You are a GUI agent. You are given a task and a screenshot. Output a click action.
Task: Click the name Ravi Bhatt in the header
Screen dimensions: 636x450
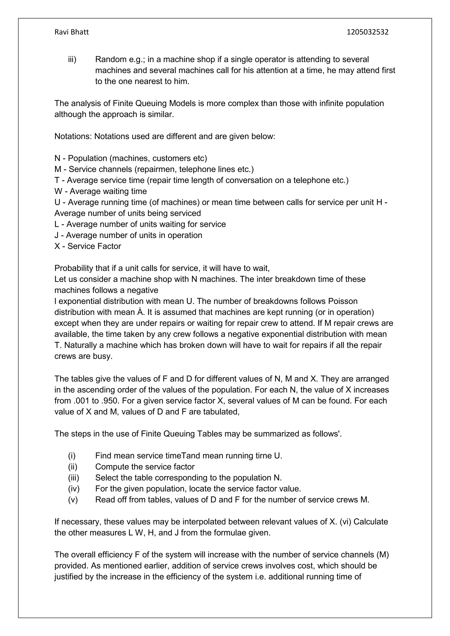tap(71, 32)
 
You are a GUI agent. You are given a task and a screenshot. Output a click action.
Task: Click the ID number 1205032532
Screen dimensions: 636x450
tap(367, 32)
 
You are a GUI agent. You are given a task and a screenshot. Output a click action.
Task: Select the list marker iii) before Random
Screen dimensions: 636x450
tap(72, 59)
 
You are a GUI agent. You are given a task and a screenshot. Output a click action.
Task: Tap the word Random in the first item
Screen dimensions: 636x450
tap(110, 59)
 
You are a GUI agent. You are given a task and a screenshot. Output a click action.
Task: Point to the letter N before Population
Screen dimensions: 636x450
tap(57, 158)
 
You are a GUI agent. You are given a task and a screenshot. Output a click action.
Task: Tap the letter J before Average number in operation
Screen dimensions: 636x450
tap(56, 235)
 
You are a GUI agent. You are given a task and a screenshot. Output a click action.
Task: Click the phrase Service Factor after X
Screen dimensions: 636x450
tap(94, 246)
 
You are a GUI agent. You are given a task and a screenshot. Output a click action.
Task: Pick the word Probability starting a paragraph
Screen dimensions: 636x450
tap(73, 268)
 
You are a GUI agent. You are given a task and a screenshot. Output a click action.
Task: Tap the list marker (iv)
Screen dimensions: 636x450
tap(74, 489)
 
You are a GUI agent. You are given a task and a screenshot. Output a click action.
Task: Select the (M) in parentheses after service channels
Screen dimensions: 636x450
tap(383, 555)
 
